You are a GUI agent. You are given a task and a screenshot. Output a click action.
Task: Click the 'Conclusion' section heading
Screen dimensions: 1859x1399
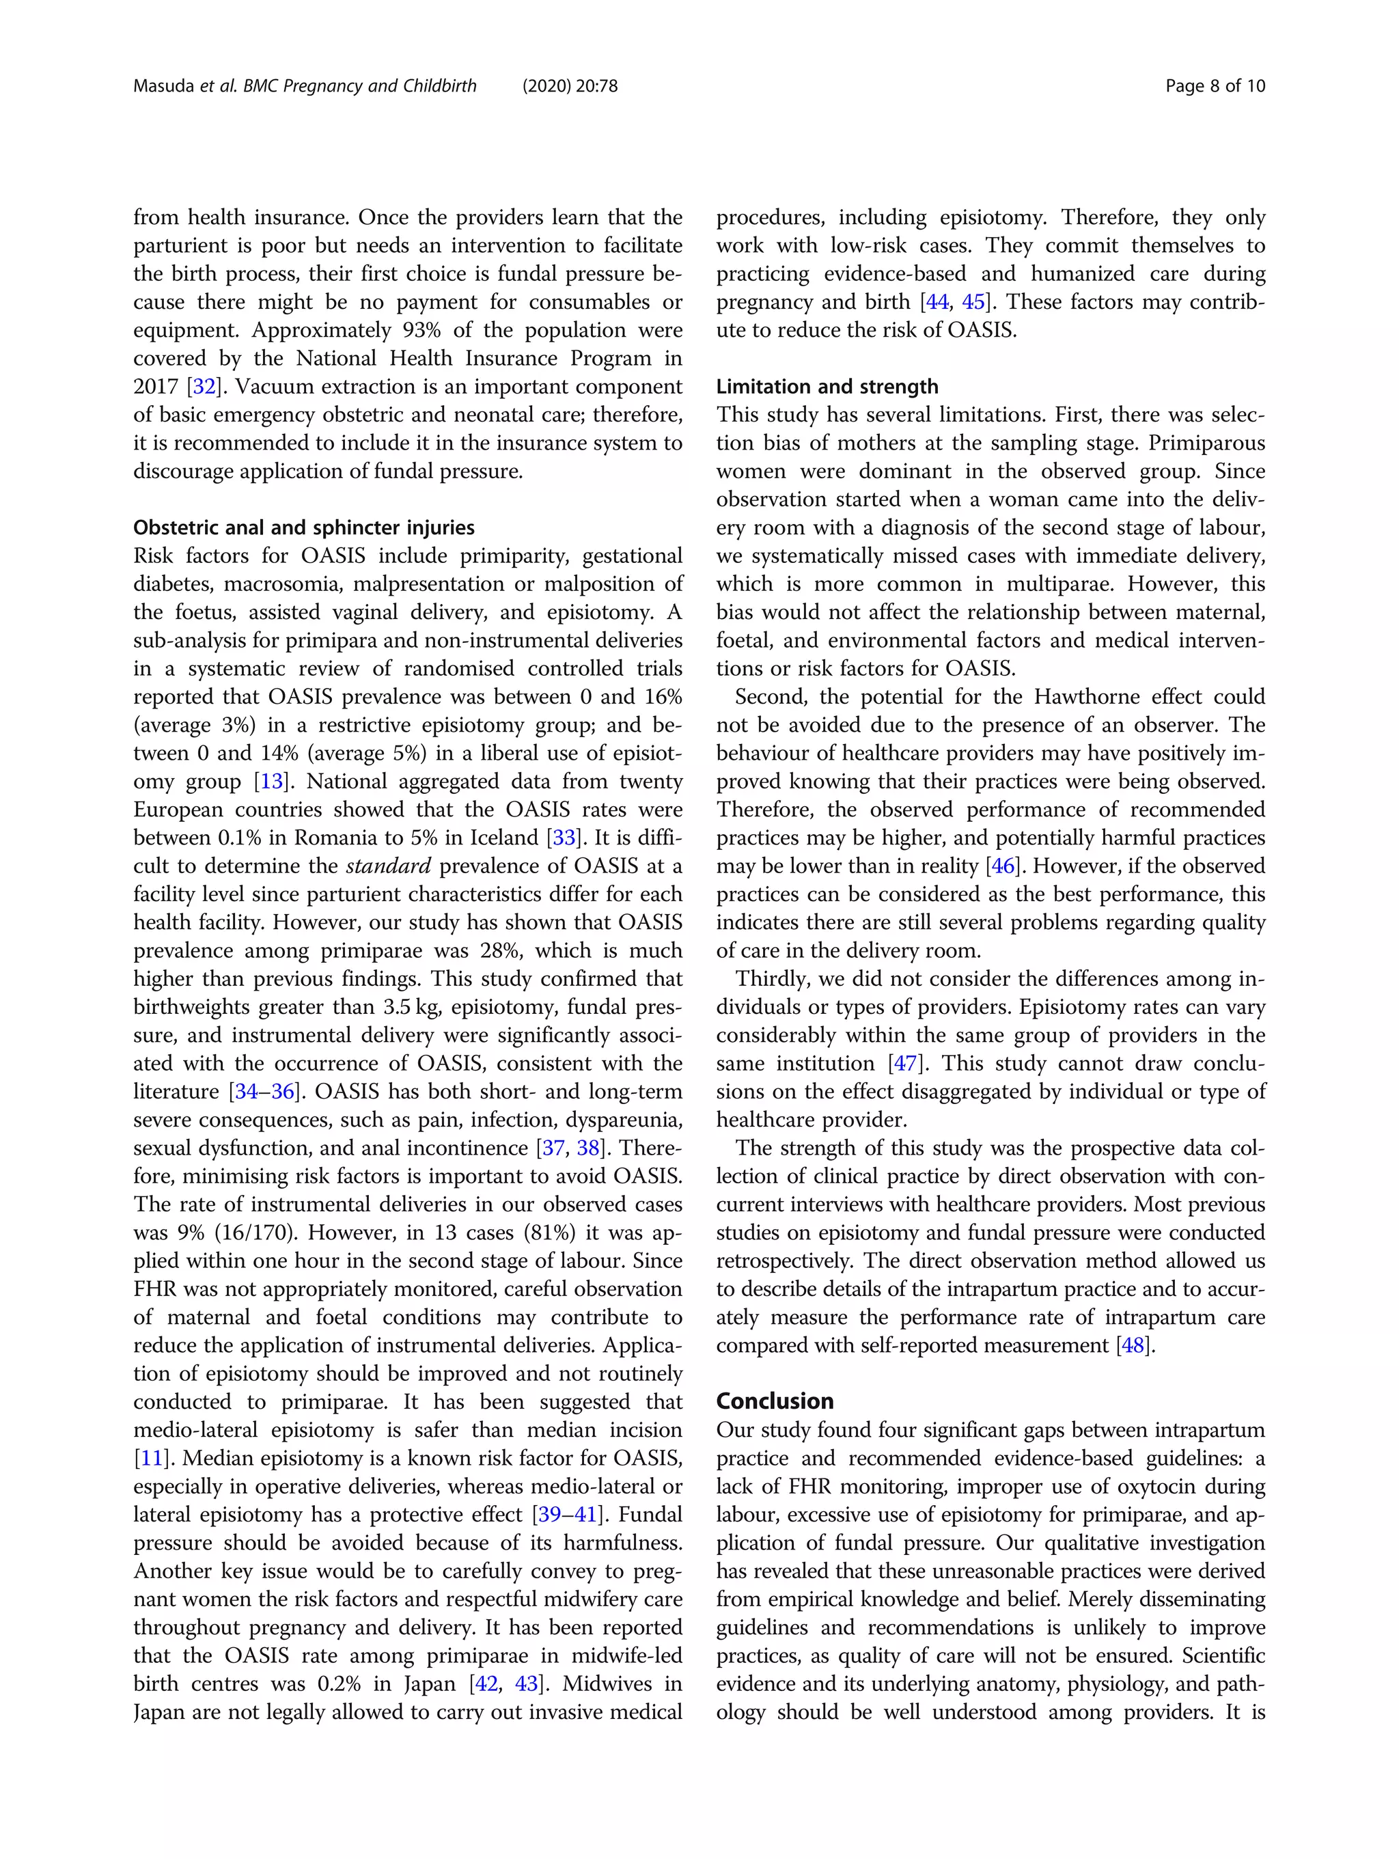tap(774, 1401)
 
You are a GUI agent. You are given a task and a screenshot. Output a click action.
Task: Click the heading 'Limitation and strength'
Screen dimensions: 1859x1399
tap(827, 387)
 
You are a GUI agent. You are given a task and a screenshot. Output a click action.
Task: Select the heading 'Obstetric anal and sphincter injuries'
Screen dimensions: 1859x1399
tap(303, 528)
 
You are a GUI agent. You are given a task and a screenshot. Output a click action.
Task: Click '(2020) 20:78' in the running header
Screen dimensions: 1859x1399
tap(570, 85)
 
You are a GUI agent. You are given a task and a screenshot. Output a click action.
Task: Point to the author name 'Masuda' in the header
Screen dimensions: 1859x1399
tap(164, 85)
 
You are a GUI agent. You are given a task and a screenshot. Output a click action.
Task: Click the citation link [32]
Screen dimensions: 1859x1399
tap(204, 387)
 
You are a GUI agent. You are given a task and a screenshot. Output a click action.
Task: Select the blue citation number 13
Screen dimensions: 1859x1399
tap(271, 782)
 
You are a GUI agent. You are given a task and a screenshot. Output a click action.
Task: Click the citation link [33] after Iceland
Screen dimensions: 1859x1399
tap(564, 838)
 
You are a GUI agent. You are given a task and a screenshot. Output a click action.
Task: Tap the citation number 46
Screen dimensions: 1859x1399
tap(1003, 866)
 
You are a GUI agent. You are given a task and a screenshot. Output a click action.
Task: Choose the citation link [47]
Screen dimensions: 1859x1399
tap(905, 1064)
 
